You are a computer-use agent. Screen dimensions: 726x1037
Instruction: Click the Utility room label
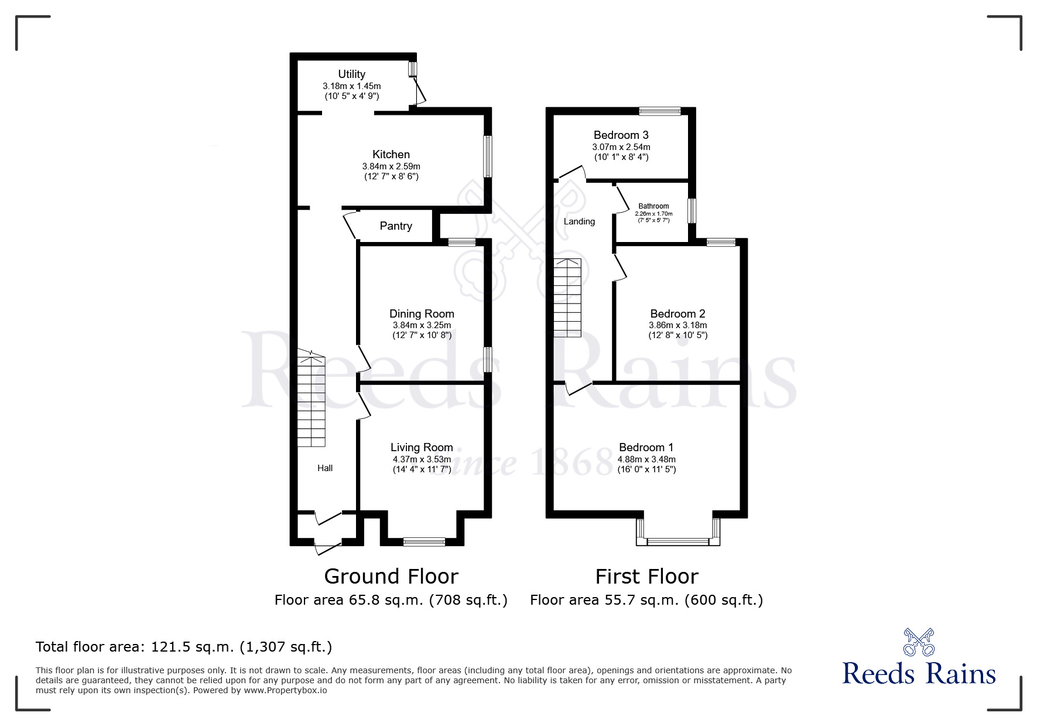[x=351, y=74]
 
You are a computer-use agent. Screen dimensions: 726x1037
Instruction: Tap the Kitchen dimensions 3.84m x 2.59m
[x=391, y=166]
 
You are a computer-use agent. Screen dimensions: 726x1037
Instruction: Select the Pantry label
[x=396, y=226]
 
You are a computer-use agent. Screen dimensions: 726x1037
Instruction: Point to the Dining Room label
[x=422, y=314]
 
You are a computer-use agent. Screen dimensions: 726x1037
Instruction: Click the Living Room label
[x=422, y=448]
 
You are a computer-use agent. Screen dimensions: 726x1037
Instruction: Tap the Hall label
[x=325, y=468]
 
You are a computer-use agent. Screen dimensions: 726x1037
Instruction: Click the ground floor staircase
[x=311, y=398]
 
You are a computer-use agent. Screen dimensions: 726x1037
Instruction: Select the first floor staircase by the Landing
[x=567, y=298]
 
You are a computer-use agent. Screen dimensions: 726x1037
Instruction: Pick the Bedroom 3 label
[x=621, y=135]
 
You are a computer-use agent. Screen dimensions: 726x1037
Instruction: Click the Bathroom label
[x=653, y=206]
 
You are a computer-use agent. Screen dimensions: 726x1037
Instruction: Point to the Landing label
[x=579, y=221]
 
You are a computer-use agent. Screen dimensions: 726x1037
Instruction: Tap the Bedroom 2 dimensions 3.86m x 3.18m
[x=677, y=325]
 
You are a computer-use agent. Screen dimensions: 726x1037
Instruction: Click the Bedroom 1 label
[x=646, y=448]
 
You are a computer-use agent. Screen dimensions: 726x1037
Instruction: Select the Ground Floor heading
[x=391, y=577]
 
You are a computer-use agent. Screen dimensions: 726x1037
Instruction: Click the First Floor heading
[x=646, y=577]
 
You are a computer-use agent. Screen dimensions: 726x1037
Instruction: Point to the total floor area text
[x=184, y=647]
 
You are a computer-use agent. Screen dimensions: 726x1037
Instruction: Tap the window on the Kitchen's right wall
[x=487, y=156]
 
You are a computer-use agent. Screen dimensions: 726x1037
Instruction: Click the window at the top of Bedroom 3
[x=660, y=111]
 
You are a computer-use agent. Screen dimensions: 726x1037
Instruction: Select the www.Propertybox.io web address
[x=285, y=690]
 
